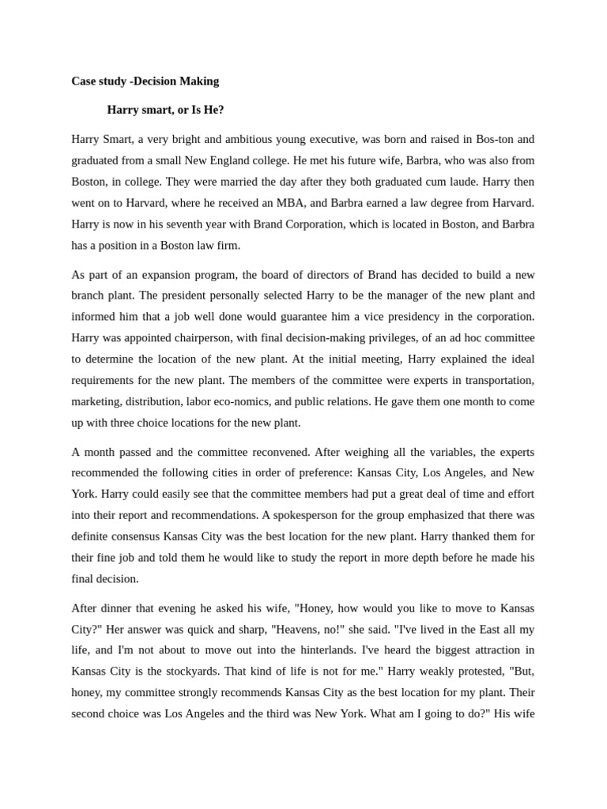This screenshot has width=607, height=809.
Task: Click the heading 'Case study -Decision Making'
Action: click(x=145, y=81)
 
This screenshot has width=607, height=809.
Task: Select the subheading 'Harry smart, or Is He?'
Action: click(x=166, y=110)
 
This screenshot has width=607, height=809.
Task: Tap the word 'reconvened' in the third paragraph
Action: click(x=281, y=453)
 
